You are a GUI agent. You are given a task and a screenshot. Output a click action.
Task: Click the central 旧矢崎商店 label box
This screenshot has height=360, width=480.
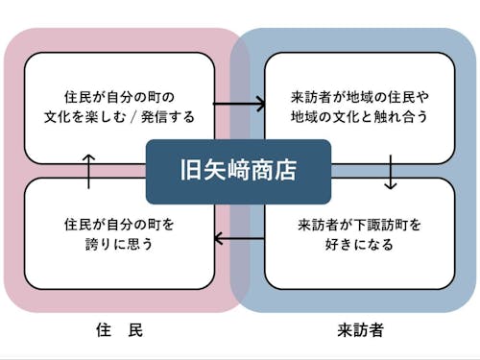[x=238, y=172]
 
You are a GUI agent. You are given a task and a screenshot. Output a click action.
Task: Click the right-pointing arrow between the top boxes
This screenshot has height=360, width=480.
[x=238, y=103]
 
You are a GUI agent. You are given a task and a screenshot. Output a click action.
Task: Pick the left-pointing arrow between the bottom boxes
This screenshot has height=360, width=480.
[x=238, y=238]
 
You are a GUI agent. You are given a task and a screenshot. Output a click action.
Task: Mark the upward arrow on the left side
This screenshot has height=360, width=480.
[x=89, y=171]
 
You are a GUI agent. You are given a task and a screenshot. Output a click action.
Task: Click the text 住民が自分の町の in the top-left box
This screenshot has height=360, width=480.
[x=120, y=97]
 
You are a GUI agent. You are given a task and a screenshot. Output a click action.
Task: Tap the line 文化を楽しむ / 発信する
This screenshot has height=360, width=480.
[x=120, y=117]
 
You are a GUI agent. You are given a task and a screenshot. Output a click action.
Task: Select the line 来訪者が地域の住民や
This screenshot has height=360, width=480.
[x=359, y=97]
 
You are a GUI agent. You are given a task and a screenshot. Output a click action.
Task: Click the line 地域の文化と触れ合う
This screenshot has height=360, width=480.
[x=359, y=117]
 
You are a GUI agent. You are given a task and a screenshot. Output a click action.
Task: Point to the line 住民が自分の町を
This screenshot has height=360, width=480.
[x=120, y=225]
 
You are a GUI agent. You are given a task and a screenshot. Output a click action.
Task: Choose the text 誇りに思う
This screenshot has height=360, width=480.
[x=120, y=245]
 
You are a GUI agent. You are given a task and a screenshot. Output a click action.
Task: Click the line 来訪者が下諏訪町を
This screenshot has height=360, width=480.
[x=359, y=225]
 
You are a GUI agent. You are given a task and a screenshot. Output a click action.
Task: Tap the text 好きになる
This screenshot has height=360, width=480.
[x=359, y=245]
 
